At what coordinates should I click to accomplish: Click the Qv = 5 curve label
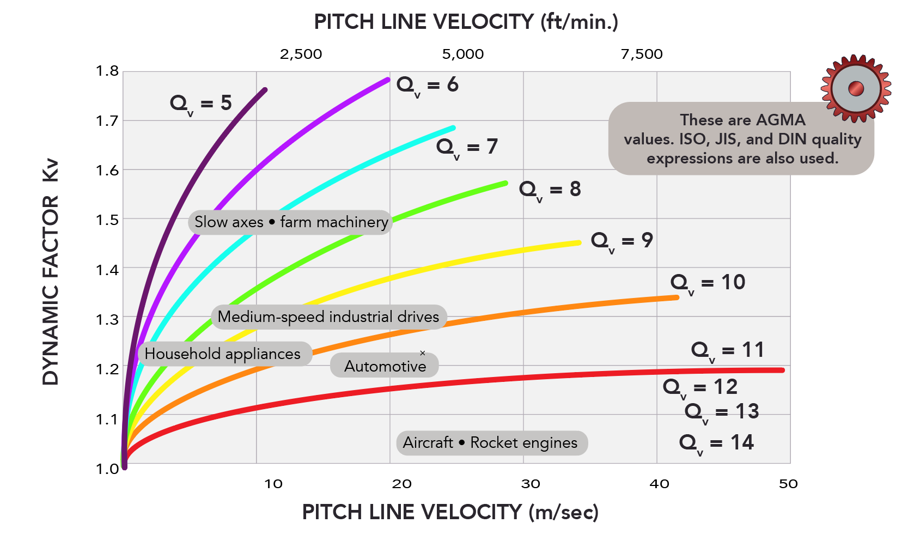[x=201, y=104]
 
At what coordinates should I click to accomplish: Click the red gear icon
[x=856, y=88]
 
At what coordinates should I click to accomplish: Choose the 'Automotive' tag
[x=385, y=366]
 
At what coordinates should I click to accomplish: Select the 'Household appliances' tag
[x=223, y=354]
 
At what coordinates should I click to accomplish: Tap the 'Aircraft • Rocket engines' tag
[x=491, y=443]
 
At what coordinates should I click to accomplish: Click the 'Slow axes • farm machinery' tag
[x=291, y=222]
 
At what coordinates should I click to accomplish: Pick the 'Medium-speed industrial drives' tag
[x=328, y=317]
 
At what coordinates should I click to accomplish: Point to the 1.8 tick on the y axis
[x=107, y=71]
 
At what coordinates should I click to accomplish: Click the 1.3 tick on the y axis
[x=107, y=319]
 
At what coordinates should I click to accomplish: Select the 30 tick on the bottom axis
[x=531, y=484]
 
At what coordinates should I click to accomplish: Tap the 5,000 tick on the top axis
[x=463, y=54]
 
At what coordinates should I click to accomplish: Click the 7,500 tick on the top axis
[x=642, y=54]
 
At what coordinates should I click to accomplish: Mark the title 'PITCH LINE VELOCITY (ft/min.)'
[x=466, y=22]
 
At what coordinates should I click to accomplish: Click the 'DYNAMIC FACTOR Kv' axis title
[x=50, y=272]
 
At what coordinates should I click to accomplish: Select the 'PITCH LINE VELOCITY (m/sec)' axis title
[x=450, y=512]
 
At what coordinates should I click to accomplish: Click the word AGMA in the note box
[x=780, y=120]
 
